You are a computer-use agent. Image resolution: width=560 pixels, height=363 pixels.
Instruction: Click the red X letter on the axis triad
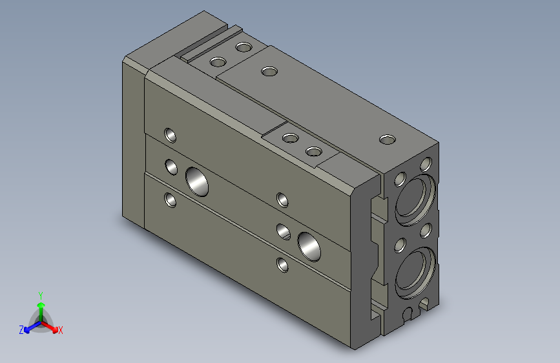[x=60, y=330]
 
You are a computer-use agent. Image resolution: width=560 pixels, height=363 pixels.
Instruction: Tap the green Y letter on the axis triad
[x=40, y=295]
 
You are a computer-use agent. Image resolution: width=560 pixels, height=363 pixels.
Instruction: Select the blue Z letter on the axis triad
[x=21, y=329]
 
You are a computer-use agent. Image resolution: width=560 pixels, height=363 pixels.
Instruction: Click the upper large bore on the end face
[x=415, y=196]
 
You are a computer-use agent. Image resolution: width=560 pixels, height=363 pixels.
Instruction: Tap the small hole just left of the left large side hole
[x=171, y=167]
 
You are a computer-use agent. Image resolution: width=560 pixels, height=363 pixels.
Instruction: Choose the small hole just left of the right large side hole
[x=283, y=230]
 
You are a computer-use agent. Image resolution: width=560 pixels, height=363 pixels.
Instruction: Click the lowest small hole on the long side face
[x=282, y=264]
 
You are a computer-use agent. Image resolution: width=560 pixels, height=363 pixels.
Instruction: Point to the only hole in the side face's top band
[x=171, y=135]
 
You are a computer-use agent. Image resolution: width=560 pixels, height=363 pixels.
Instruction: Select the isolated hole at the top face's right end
[x=387, y=140]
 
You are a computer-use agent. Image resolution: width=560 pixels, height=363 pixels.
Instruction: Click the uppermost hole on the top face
[x=244, y=47]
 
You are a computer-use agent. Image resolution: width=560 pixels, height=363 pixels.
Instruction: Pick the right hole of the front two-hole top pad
[x=313, y=152]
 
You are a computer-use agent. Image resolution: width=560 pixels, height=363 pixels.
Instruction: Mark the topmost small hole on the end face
[x=426, y=162]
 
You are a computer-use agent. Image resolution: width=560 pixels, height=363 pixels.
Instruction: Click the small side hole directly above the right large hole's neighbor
[x=282, y=199]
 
